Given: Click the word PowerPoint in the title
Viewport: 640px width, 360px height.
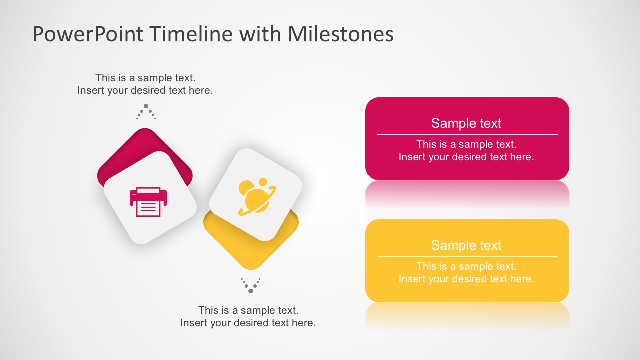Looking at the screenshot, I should coord(88,34).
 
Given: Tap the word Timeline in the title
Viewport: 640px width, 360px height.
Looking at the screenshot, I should coord(191,34).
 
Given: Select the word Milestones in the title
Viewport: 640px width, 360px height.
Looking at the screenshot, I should coord(340,34).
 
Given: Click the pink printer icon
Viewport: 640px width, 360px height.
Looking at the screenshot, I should coord(148,202).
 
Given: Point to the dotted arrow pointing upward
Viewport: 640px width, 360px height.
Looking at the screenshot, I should coord(146,112).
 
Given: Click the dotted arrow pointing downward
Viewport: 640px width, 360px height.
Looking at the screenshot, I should coord(251,286).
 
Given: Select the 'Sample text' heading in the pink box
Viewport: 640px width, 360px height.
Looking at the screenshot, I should coord(466,123).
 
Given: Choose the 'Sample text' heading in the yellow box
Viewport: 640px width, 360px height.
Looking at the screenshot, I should coord(466,245).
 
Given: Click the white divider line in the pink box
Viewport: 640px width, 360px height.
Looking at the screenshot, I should coord(467,134).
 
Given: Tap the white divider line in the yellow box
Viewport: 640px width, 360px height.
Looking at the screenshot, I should coord(467,256).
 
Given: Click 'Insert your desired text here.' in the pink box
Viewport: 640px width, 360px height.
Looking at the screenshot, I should coord(466,157).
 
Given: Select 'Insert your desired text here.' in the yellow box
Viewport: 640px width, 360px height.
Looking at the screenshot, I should coord(466,279).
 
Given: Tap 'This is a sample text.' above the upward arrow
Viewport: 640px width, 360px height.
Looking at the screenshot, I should coord(145,78).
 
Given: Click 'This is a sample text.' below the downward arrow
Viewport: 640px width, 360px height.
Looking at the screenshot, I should coord(248,310).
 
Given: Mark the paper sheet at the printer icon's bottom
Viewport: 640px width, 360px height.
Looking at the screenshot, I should coord(148,209).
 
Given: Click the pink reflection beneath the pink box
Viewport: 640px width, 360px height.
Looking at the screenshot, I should coord(467,192).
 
